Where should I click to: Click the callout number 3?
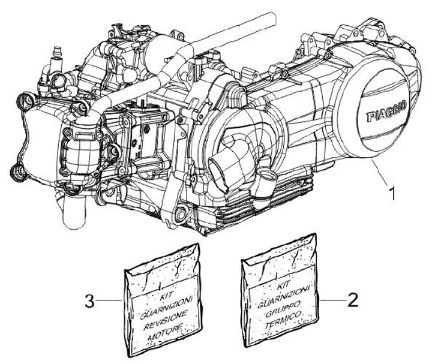(89, 300)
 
